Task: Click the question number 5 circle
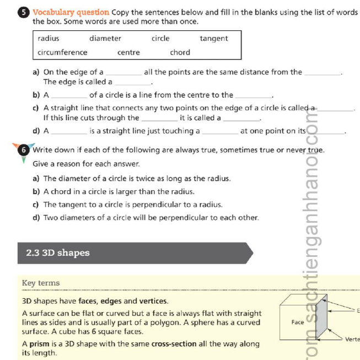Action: (26, 12)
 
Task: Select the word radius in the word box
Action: (49, 39)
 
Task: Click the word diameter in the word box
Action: (105, 39)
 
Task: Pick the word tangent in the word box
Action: (213, 39)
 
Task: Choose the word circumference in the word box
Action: (62, 52)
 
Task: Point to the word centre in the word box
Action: (128, 52)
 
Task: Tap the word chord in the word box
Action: (180, 52)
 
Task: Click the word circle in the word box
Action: (160, 39)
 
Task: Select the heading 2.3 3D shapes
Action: (57, 253)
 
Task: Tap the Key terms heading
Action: (41, 283)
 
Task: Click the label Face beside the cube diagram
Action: (298, 322)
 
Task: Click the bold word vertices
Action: (154, 301)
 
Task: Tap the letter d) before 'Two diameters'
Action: (36, 217)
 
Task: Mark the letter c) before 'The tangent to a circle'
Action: (36, 204)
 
